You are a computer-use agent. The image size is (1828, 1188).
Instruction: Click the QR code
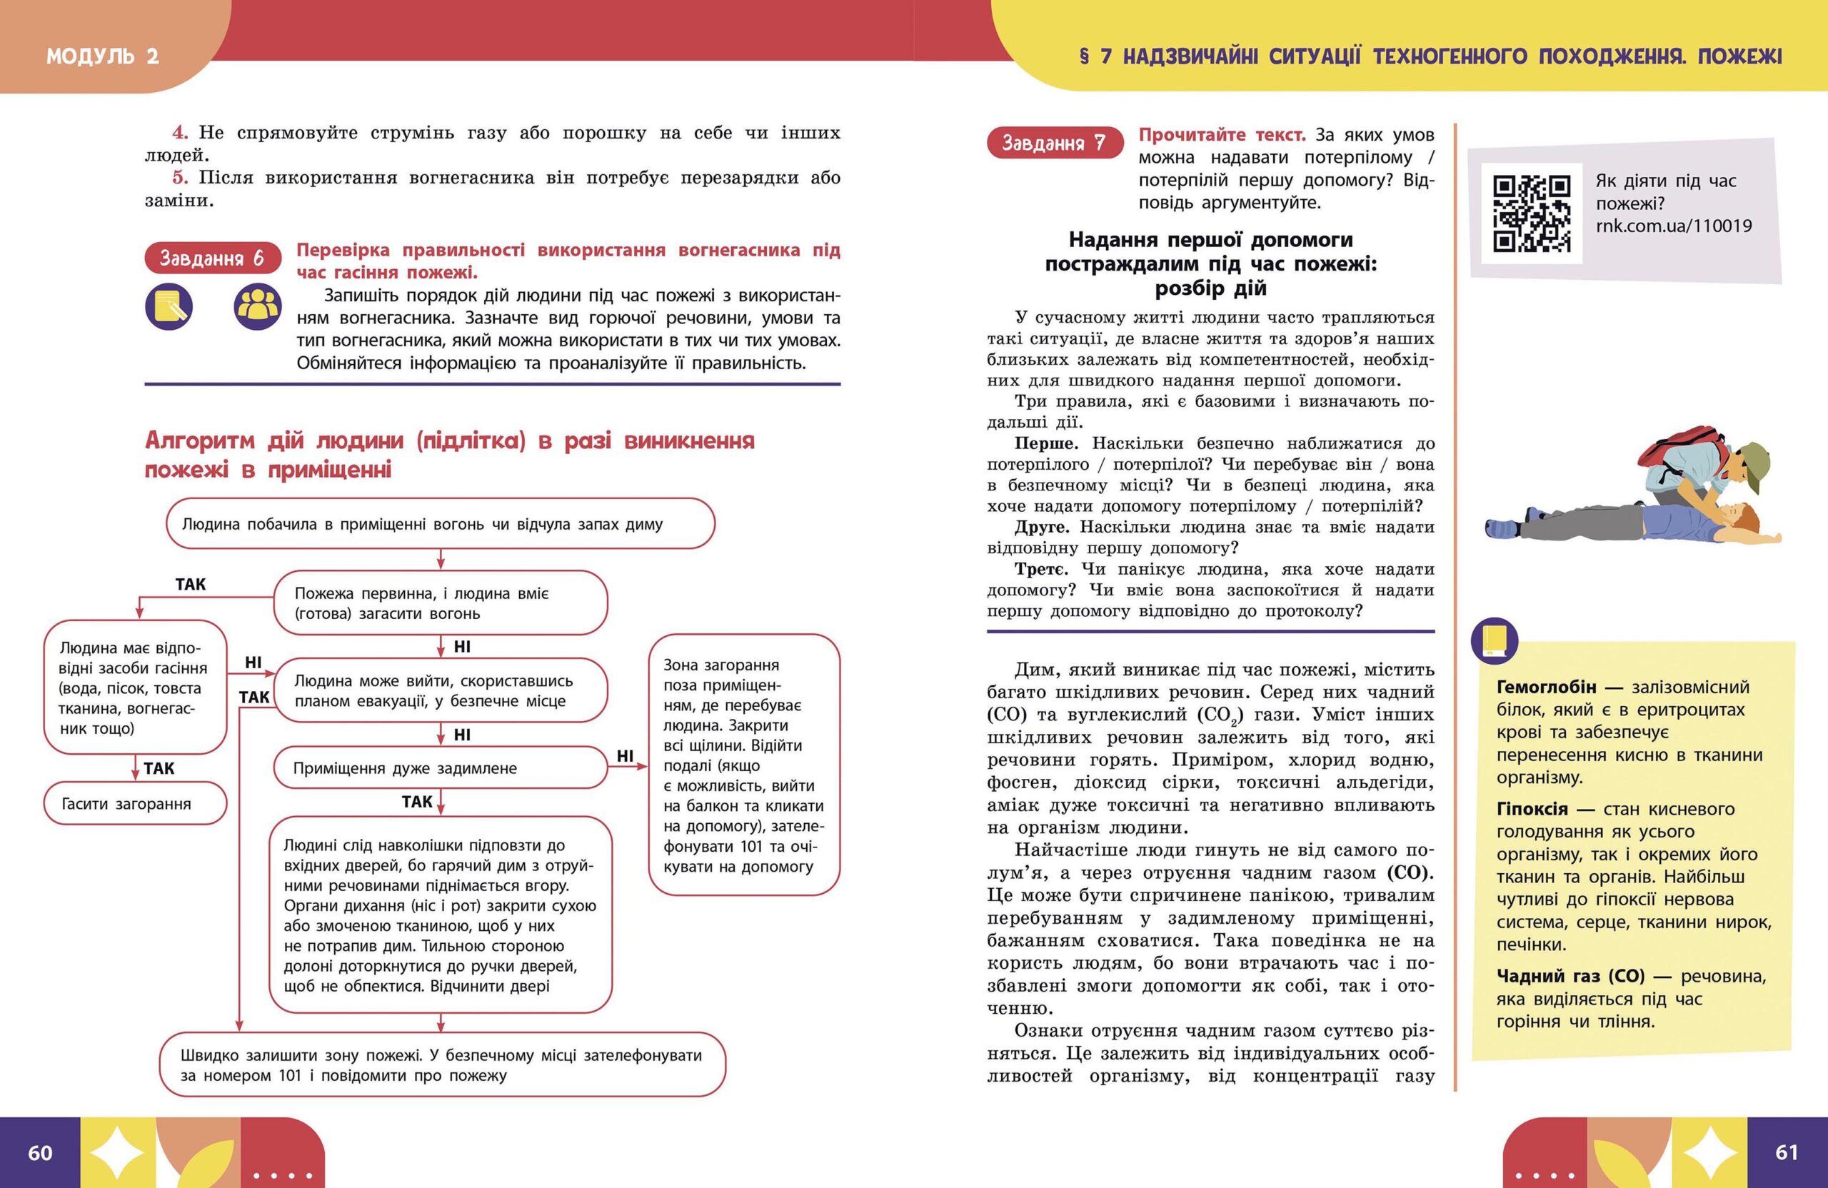[x=1531, y=214]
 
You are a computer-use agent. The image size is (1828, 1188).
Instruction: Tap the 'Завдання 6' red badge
[x=211, y=258]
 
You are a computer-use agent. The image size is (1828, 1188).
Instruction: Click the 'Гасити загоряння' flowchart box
[x=135, y=804]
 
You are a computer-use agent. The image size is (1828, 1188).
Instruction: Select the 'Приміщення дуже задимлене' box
[x=440, y=768]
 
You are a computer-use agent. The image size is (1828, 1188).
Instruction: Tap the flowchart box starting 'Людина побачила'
[x=440, y=525]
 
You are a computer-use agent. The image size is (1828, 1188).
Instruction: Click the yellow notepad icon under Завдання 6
[x=169, y=307]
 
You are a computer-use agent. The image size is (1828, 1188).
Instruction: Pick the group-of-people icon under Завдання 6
[x=258, y=307]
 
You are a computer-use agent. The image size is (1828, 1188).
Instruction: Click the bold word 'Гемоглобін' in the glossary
[x=1546, y=687]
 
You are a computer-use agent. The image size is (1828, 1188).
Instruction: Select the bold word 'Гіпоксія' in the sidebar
[x=1532, y=809]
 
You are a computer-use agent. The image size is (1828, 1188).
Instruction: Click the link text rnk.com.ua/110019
[x=1674, y=226]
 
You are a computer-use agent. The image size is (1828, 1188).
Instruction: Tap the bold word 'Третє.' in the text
[x=1040, y=570]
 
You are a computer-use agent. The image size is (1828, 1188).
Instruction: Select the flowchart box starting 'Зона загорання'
[x=743, y=765]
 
